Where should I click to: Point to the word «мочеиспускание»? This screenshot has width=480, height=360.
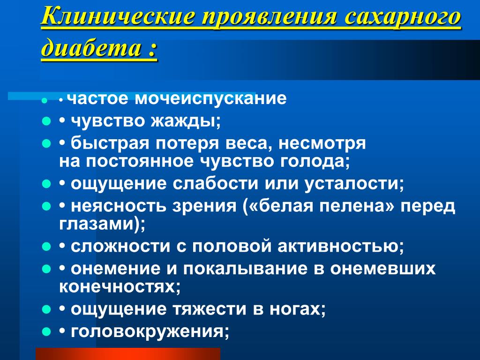click(210, 98)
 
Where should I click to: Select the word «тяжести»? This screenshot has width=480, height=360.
click(210, 309)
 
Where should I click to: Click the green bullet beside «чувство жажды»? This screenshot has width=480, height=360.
click(46, 121)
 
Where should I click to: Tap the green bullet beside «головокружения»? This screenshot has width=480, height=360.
click(46, 331)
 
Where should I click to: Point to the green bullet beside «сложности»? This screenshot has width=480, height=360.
click(46, 247)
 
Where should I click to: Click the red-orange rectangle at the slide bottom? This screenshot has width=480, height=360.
click(128, 354)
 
